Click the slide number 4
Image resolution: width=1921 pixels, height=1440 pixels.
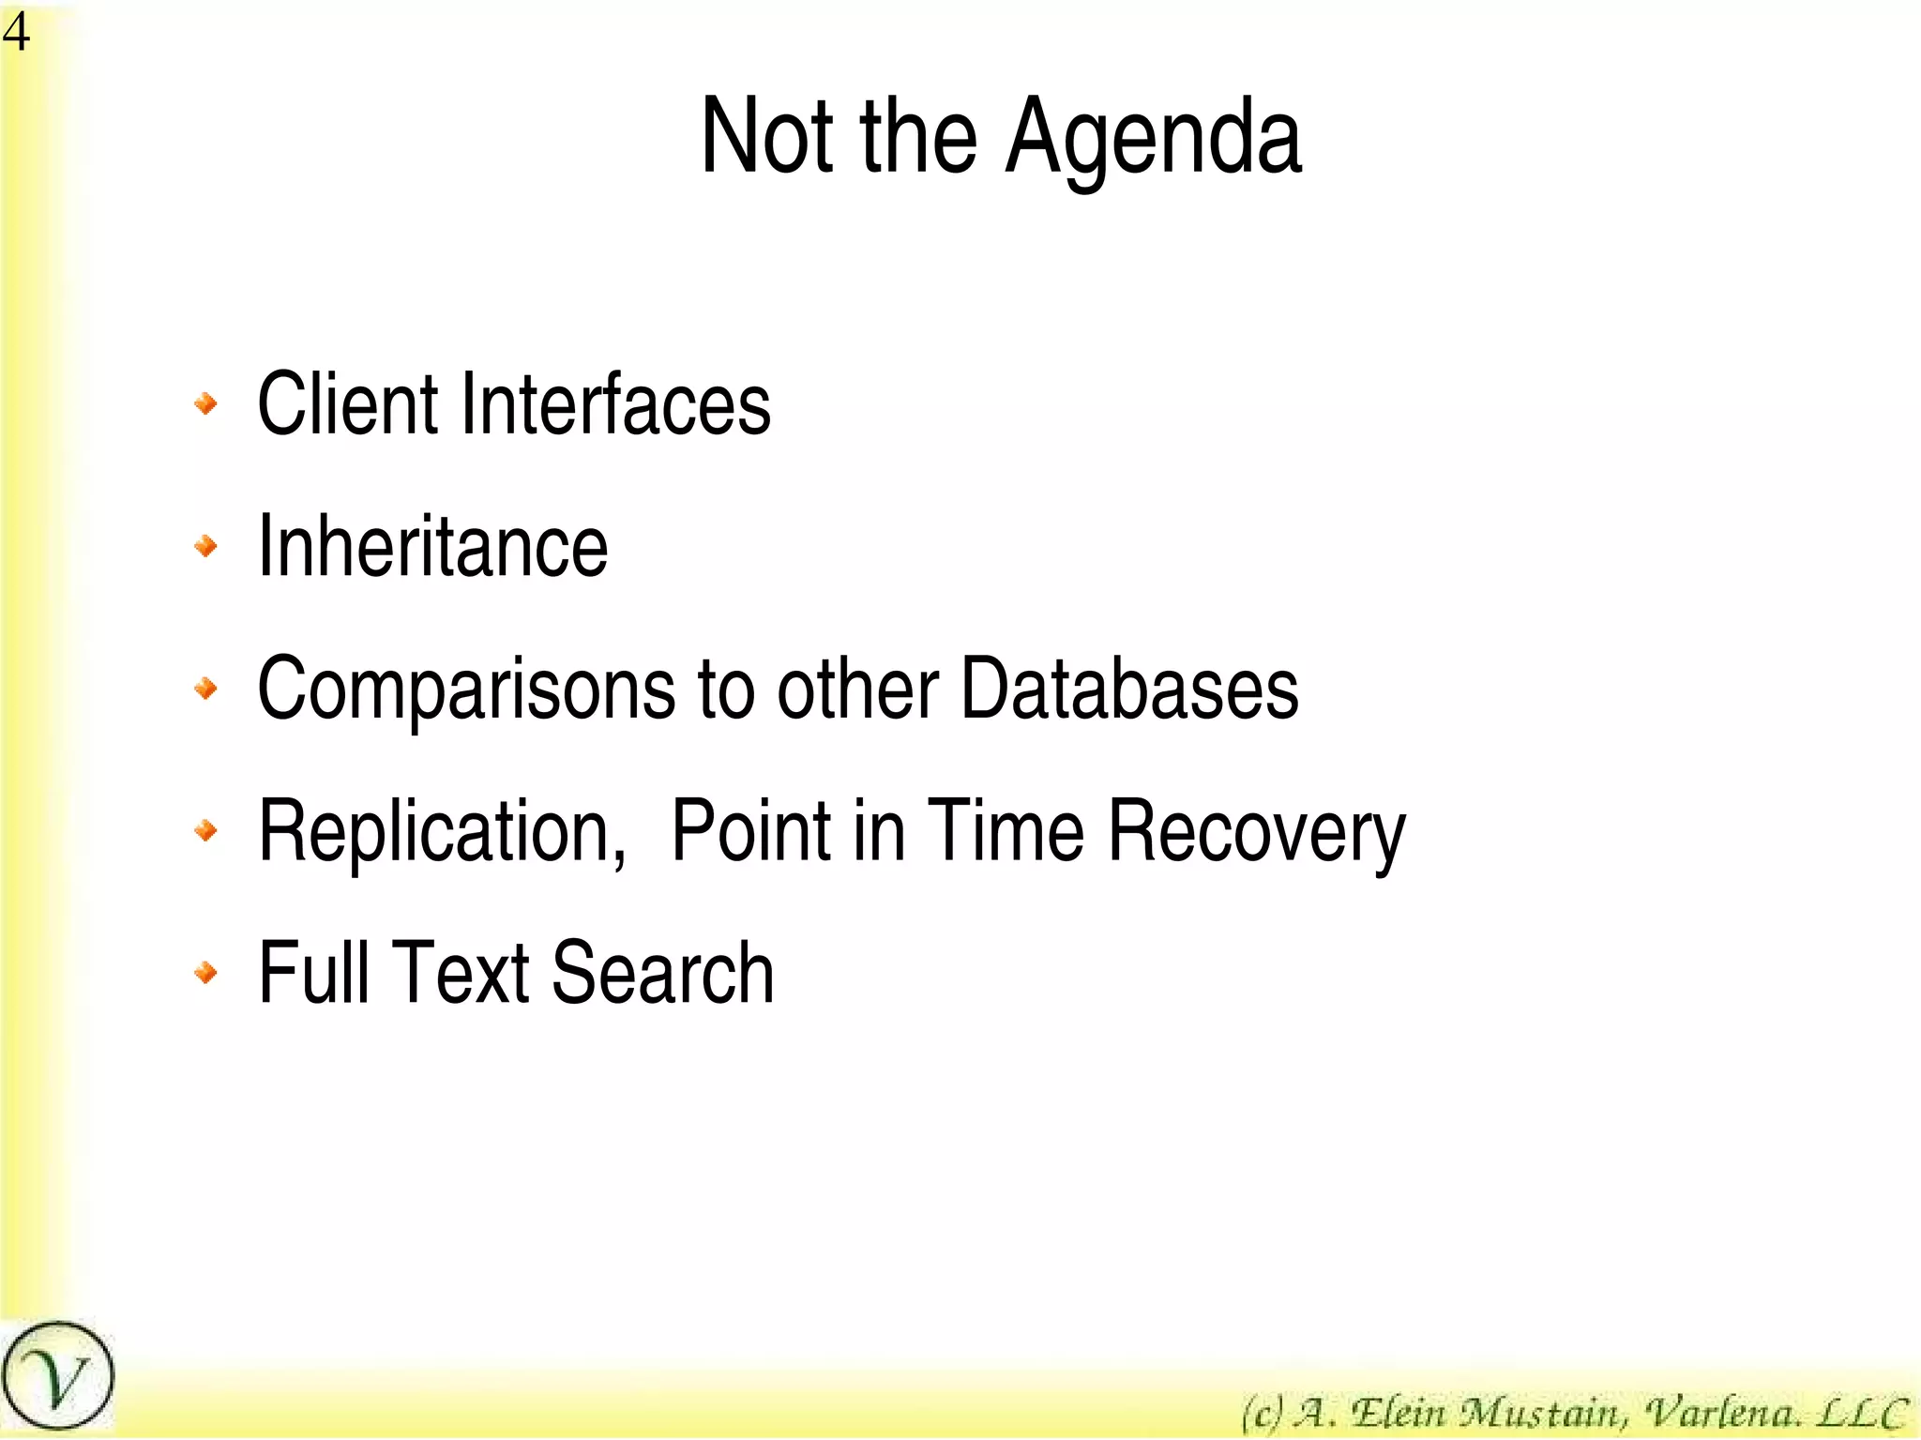coord(16,33)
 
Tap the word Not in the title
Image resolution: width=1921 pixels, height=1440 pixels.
coord(766,137)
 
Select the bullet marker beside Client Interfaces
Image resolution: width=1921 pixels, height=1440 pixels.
coord(205,404)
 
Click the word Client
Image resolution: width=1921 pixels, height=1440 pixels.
coord(347,404)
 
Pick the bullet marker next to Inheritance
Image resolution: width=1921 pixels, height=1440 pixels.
coord(205,546)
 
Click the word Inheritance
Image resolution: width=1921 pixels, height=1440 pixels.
coord(432,547)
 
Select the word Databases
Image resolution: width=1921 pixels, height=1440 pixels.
coord(1129,689)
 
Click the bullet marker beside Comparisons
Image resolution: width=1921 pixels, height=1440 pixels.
coord(205,690)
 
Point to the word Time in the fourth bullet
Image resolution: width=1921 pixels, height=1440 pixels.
coord(1005,830)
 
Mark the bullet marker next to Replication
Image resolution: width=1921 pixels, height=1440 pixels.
coord(205,830)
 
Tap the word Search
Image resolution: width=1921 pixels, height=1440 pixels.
coord(662,973)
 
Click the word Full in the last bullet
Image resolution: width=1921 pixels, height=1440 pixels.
coord(313,973)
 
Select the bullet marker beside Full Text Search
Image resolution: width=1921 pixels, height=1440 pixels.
coord(205,972)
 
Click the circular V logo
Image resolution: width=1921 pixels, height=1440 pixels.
coord(57,1375)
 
